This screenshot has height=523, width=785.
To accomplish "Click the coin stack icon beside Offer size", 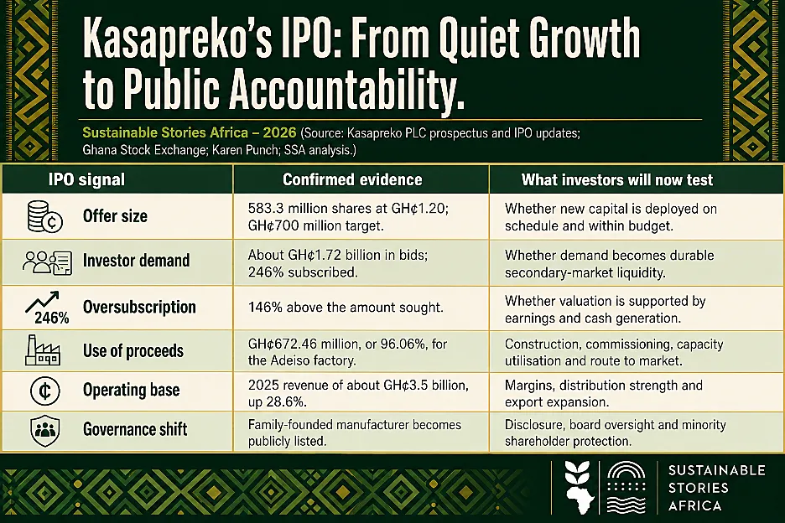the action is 44,216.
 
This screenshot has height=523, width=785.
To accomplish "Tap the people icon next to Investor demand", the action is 47,262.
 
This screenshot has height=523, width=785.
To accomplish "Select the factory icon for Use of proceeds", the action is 43,350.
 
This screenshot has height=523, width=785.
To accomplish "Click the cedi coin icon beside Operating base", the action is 45,391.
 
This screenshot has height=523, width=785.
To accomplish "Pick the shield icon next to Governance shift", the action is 45,431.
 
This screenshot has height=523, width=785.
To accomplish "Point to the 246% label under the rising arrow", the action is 51,318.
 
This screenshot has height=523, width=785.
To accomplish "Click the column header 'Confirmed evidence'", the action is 352,179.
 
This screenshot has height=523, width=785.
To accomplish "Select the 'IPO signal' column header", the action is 86,179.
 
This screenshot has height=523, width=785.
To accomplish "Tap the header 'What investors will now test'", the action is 617,179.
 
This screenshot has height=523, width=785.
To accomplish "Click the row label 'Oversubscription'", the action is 139,307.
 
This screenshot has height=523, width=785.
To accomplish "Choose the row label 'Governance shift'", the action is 135,429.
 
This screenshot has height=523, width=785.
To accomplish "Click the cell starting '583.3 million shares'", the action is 348,217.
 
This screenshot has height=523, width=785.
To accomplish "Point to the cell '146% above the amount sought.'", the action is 346,307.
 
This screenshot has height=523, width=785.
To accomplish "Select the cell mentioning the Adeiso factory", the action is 347,352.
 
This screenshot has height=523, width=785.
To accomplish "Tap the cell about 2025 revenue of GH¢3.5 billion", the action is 358,393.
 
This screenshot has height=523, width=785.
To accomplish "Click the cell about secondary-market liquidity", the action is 609,264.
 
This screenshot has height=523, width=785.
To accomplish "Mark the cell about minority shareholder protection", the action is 616,433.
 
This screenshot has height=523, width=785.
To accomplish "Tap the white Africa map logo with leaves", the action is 580,488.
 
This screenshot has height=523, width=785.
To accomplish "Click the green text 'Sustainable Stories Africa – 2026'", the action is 190,132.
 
